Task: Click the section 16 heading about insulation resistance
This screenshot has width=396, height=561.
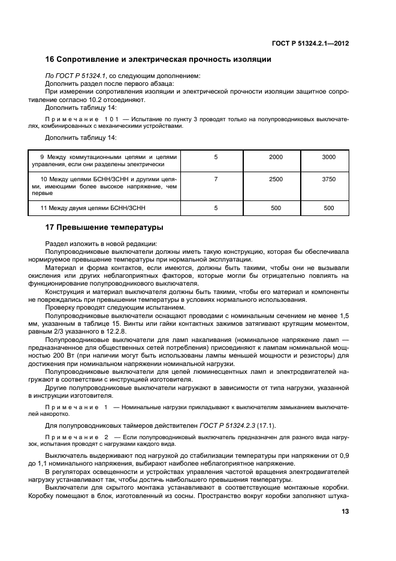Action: [159, 59]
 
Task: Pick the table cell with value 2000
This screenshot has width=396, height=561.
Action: [276, 157]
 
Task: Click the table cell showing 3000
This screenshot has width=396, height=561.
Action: [328, 157]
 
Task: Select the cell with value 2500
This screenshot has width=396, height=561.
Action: [276, 179]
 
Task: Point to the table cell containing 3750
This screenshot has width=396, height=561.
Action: [328, 179]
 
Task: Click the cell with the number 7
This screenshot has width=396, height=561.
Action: [216, 179]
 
